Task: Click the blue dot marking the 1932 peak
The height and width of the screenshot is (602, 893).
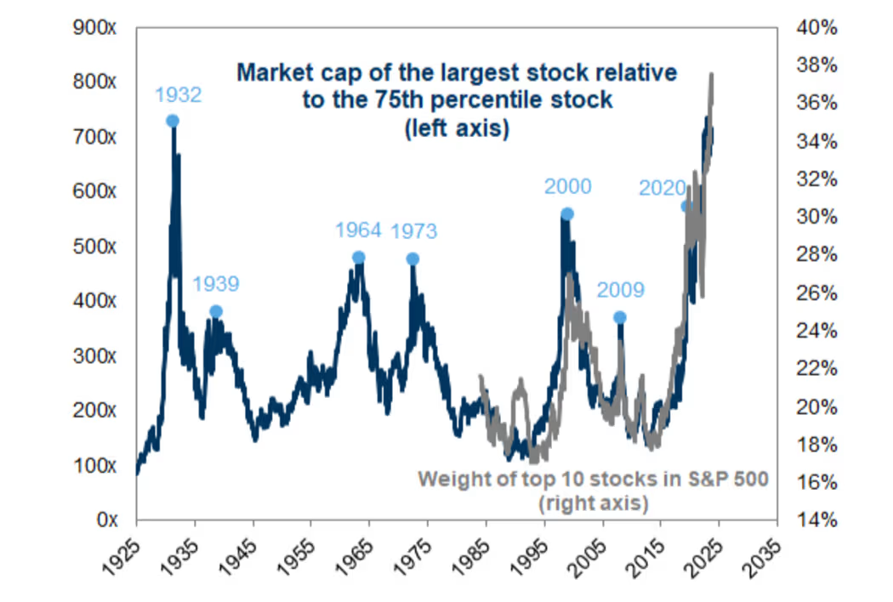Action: (173, 121)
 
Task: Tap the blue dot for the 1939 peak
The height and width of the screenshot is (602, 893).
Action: (216, 311)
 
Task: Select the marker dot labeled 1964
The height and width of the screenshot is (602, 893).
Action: (358, 258)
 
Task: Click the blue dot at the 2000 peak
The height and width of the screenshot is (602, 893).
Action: (567, 214)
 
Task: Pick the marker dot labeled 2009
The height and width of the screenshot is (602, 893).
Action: (620, 317)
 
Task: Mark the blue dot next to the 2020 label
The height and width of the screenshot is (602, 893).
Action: (686, 206)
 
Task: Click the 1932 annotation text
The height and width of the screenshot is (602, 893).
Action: (177, 94)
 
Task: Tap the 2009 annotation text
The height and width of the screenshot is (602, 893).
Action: (621, 291)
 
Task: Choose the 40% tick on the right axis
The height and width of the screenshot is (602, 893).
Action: (817, 28)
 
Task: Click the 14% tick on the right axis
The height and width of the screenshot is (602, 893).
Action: (817, 520)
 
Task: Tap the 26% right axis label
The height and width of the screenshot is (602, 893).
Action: (817, 292)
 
